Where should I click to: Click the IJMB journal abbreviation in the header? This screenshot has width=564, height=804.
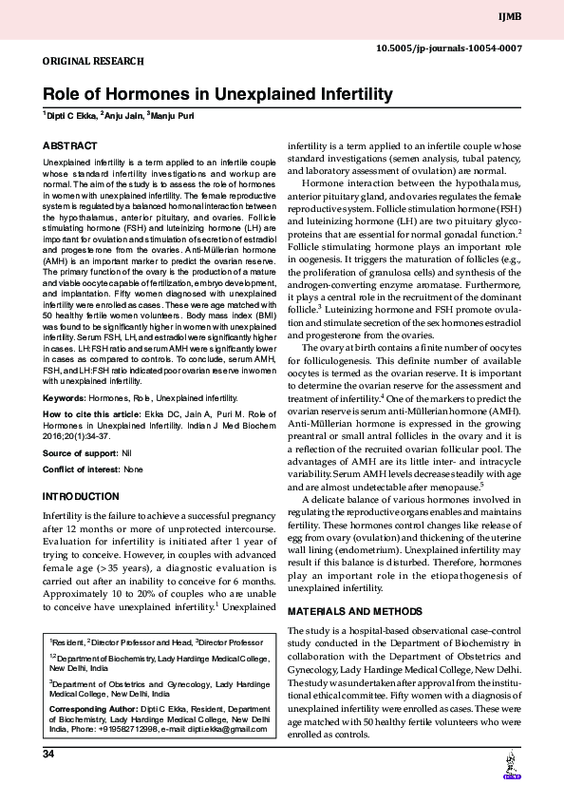(536, 15)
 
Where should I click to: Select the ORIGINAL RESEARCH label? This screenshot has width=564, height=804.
(92, 60)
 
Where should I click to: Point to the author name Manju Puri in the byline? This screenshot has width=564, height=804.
(182, 117)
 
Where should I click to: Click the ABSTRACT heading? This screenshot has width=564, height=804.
(70, 145)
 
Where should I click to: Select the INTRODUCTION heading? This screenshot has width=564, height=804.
(81, 497)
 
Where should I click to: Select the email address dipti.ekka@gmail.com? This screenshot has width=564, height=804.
(227, 729)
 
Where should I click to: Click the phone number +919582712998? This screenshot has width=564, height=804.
(128, 729)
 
